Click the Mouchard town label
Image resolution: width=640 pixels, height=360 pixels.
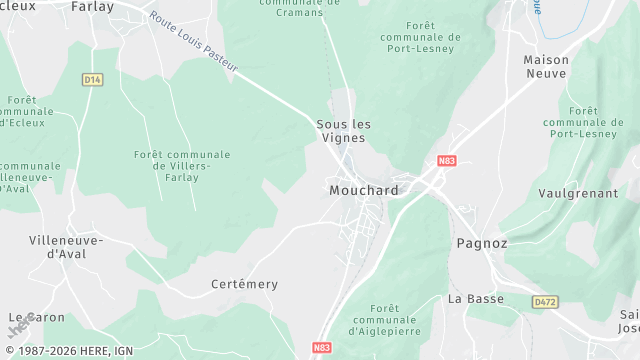click(364, 190)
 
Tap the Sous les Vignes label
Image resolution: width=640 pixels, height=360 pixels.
click(344, 131)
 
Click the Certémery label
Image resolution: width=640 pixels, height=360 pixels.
click(245, 284)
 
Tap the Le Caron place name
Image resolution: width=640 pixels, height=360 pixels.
click(36, 318)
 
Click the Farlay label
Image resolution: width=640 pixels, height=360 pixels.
click(92, 6)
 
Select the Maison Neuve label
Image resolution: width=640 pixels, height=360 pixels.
click(546, 67)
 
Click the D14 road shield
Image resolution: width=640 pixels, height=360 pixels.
click(93, 79)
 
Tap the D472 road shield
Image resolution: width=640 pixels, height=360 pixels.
click(545, 301)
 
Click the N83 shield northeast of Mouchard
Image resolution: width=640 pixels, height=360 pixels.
click(447, 160)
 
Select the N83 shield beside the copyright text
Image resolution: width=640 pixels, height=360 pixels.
click(321, 348)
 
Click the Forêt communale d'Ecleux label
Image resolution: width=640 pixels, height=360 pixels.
click(21, 113)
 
